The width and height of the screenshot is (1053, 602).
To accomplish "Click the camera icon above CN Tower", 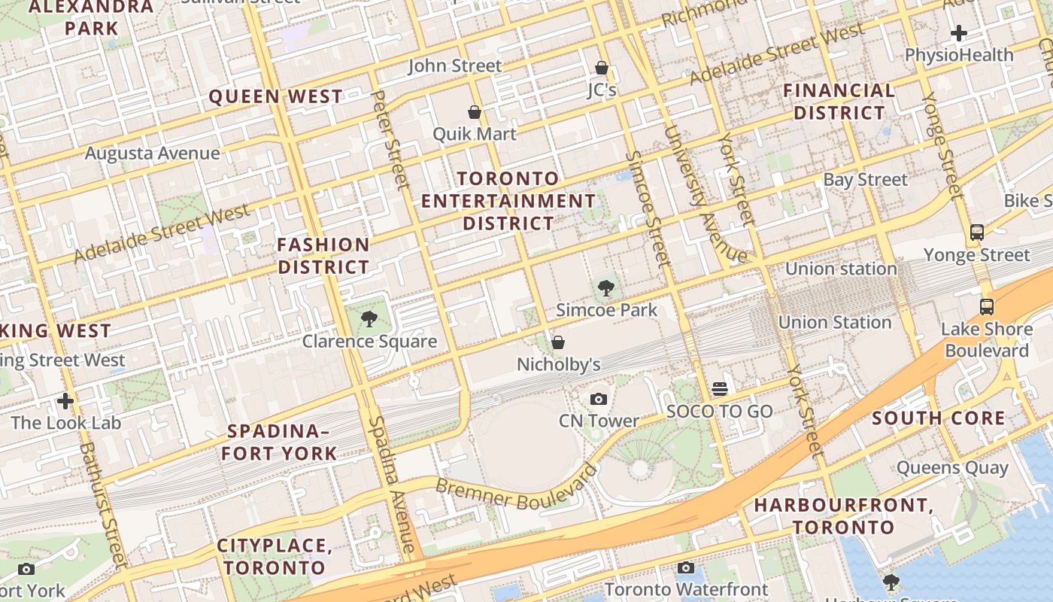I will pos(599,399).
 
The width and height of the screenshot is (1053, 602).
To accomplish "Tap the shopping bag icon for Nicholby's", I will pos(558,343).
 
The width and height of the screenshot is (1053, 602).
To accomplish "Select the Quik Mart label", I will pos(475,134).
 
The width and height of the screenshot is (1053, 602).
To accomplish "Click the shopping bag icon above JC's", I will pos(602,68).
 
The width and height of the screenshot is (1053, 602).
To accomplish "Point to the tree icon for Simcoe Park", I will pos(605,287).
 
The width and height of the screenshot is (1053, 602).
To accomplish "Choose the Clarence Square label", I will pos(369,342).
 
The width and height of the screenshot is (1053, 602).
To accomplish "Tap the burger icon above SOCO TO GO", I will pos(720,389).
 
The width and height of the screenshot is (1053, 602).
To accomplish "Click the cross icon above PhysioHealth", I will pos(958,33).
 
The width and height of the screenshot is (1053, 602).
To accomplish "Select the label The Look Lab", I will pos(66,423).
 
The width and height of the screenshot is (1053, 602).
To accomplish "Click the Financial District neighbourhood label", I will pos(839,102).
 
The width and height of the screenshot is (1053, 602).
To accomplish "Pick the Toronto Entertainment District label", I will pos(508,201).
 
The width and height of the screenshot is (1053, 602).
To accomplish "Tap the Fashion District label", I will pos(323,256).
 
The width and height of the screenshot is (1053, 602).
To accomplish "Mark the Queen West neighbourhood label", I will pos(275,96).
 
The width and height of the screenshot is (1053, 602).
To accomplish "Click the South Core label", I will pos(939,418).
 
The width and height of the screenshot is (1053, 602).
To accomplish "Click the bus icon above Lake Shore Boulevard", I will pos(987,307).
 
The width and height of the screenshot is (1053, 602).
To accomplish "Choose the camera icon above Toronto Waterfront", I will pos(686,568).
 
